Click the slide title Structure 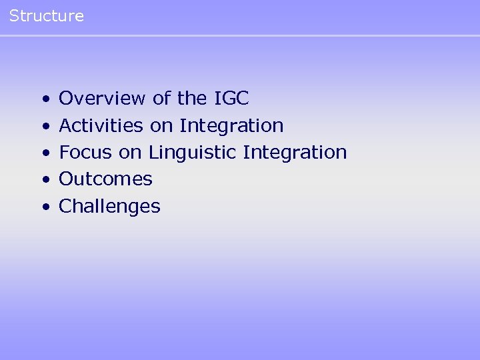[47, 16]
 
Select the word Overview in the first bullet [103, 99]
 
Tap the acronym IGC [231, 99]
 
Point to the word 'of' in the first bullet [162, 99]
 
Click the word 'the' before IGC [193, 99]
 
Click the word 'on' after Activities [162, 125]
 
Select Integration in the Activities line [231, 125]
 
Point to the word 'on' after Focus [131, 152]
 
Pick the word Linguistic [193, 152]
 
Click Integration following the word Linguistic [295, 152]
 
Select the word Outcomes [106, 179]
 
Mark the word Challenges [110, 206]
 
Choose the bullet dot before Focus [45, 153]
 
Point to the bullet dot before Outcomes [45, 180]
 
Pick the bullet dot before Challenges [45, 207]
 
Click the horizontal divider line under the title [240, 35]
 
